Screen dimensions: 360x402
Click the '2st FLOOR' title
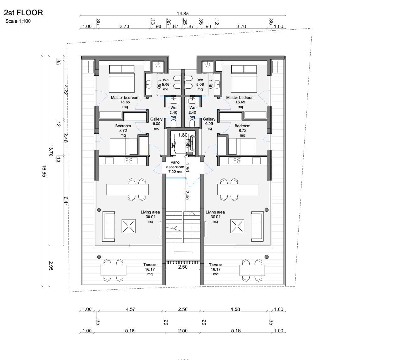tap(24, 13)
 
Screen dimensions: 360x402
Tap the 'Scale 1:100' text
tap(18, 21)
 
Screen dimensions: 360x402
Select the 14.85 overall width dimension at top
tap(182, 14)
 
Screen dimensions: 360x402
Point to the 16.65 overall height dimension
tap(44, 171)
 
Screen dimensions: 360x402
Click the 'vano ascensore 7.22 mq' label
tap(175, 167)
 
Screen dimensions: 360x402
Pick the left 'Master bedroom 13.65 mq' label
tap(125, 102)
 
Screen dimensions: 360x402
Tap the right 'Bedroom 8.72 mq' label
tap(242, 130)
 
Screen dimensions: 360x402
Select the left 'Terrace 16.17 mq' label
tap(150, 269)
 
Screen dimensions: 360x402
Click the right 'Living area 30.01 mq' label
tap(215, 217)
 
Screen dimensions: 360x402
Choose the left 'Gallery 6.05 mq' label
tap(156, 124)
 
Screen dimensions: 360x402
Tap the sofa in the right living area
tap(257, 226)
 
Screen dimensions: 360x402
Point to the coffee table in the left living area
tap(128, 226)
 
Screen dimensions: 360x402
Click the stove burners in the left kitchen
tap(129, 161)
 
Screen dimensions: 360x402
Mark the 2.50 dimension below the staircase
tap(183, 267)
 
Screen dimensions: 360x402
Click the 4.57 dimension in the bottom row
tap(130, 309)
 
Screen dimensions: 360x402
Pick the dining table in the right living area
tap(238, 190)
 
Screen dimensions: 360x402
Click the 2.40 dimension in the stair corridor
tap(187, 195)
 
